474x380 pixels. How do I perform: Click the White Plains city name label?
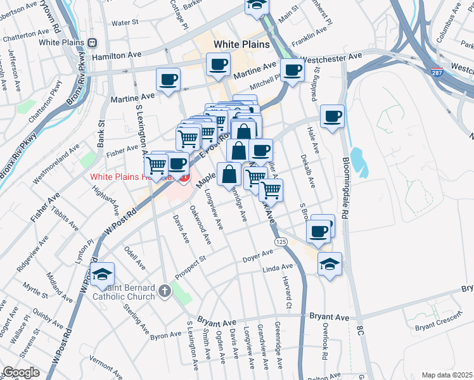pyautogui.click(x=241, y=45)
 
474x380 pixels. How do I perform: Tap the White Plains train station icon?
pyautogui.click(x=93, y=42)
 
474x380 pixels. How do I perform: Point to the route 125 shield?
pyautogui.click(x=281, y=243)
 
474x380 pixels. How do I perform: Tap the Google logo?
pyautogui.click(x=21, y=372)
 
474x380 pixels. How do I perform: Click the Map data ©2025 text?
pyautogui.click(x=446, y=375)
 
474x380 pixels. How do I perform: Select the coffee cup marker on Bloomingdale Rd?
pyautogui.click(x=332, y=117)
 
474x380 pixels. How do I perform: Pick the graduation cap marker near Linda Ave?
pyautogui.click(x=330, y=263)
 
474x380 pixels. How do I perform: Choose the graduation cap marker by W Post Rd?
pyautogui.click(x=102, y=274)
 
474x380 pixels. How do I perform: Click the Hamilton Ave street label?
pyautogui.click(x=117, y=56)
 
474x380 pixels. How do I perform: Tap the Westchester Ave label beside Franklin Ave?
pyautogui.click(x=331, y=58)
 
